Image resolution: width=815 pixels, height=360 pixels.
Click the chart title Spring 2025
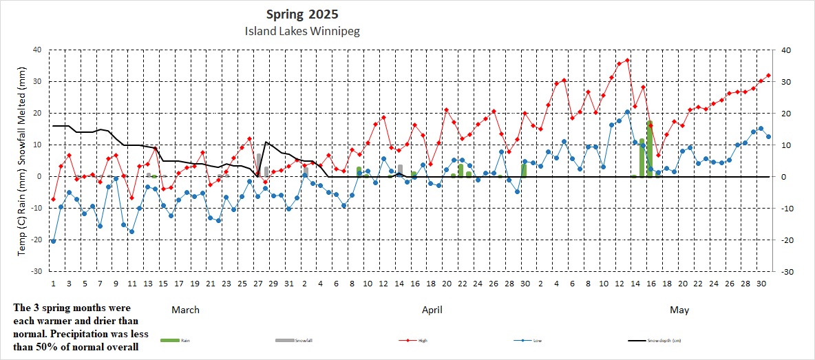302,14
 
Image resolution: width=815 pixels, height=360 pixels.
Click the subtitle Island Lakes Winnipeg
302,31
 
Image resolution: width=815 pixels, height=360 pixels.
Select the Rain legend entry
176,340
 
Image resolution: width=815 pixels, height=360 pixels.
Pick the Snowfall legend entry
292,340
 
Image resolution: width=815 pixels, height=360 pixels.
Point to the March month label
185,310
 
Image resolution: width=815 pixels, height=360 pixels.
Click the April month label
432,310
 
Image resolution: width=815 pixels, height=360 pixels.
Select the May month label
679,310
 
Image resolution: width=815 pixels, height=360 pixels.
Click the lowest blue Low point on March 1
53,241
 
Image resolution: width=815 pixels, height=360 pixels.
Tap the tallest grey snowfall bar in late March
259,165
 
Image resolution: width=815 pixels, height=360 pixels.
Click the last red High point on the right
768,76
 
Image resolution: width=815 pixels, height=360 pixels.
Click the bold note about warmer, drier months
76,327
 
